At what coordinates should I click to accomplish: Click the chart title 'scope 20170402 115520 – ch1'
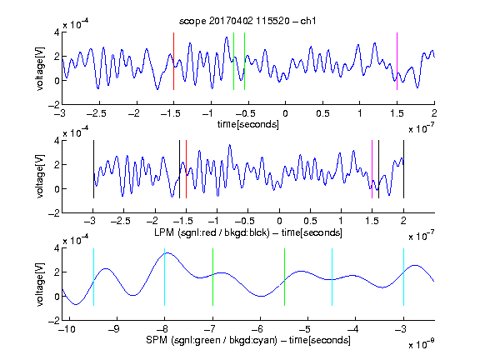tap(247, 21)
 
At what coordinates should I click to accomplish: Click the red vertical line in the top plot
tap(173, 61)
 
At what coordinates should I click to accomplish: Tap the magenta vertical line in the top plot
tap(397, 61)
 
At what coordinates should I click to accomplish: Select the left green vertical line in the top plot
tap(233, 61)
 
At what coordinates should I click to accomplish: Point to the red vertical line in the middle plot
tap(186, 169)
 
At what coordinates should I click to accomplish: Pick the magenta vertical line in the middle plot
tap(372, 169)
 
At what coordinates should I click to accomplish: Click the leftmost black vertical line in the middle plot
tap(93, 169)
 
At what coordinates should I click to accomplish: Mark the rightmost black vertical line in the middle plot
tap(403, 169)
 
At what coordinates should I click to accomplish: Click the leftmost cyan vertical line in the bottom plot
tap(93, 277)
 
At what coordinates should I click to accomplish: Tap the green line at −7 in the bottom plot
tap(212, 277)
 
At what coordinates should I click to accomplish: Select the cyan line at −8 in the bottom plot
tap(165, 277)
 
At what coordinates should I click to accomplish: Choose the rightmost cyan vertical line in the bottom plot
tap(403, 277)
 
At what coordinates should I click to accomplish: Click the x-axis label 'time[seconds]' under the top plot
tap(248, 124)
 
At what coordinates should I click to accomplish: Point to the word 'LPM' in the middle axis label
tap(164, 232)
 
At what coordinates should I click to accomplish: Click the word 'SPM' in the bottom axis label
tap(157, 340)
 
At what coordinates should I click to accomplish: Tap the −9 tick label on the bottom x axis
tap(114, 329)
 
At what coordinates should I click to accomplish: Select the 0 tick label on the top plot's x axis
tap(285, 113)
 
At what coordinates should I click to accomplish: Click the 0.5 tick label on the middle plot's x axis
tap(310, 221)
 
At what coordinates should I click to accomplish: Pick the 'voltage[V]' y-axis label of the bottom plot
tap(40, 284)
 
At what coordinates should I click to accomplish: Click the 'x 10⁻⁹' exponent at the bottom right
tap(421, 344)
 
